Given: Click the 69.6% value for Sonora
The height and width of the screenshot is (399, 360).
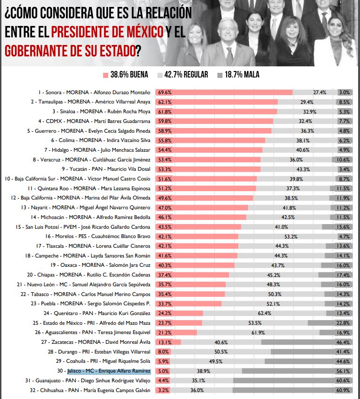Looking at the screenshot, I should pyautogui.click(x=164, y=92).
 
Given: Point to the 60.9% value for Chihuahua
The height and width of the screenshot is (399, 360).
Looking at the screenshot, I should pyautogui.click(x=344, y=391).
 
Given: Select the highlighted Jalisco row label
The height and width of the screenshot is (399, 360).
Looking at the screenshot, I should pyautogui.click(x=109, y=371).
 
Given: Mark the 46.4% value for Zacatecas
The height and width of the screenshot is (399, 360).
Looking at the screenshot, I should pyautogui.click(x=344, y=342).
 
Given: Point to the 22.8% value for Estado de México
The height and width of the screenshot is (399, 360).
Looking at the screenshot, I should pyautogui.click(x=344, y=323).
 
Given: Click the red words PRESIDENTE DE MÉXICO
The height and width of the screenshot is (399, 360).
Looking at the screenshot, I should pyautogui.click(x=107, y=32).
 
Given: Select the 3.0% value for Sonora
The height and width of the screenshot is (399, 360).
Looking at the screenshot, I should pyautogui.click(x=344, y=92).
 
